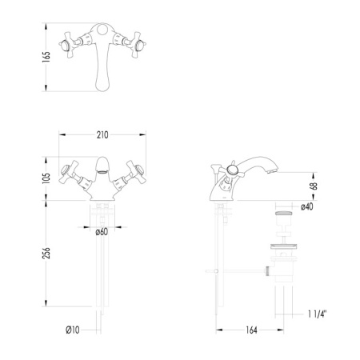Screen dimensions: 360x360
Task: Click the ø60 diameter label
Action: coord(101,233)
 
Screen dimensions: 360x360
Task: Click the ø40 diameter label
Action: coord(307,207)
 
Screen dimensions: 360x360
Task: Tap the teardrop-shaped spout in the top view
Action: coord(102,64)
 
